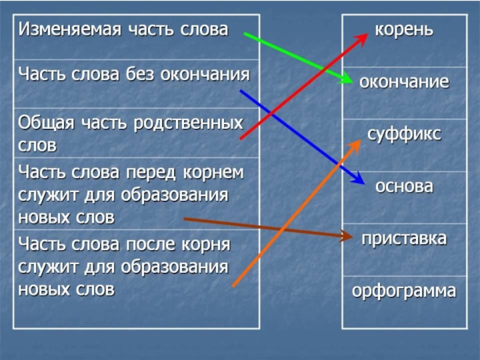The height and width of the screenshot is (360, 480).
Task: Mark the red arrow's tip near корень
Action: click(x=367, y=34)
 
